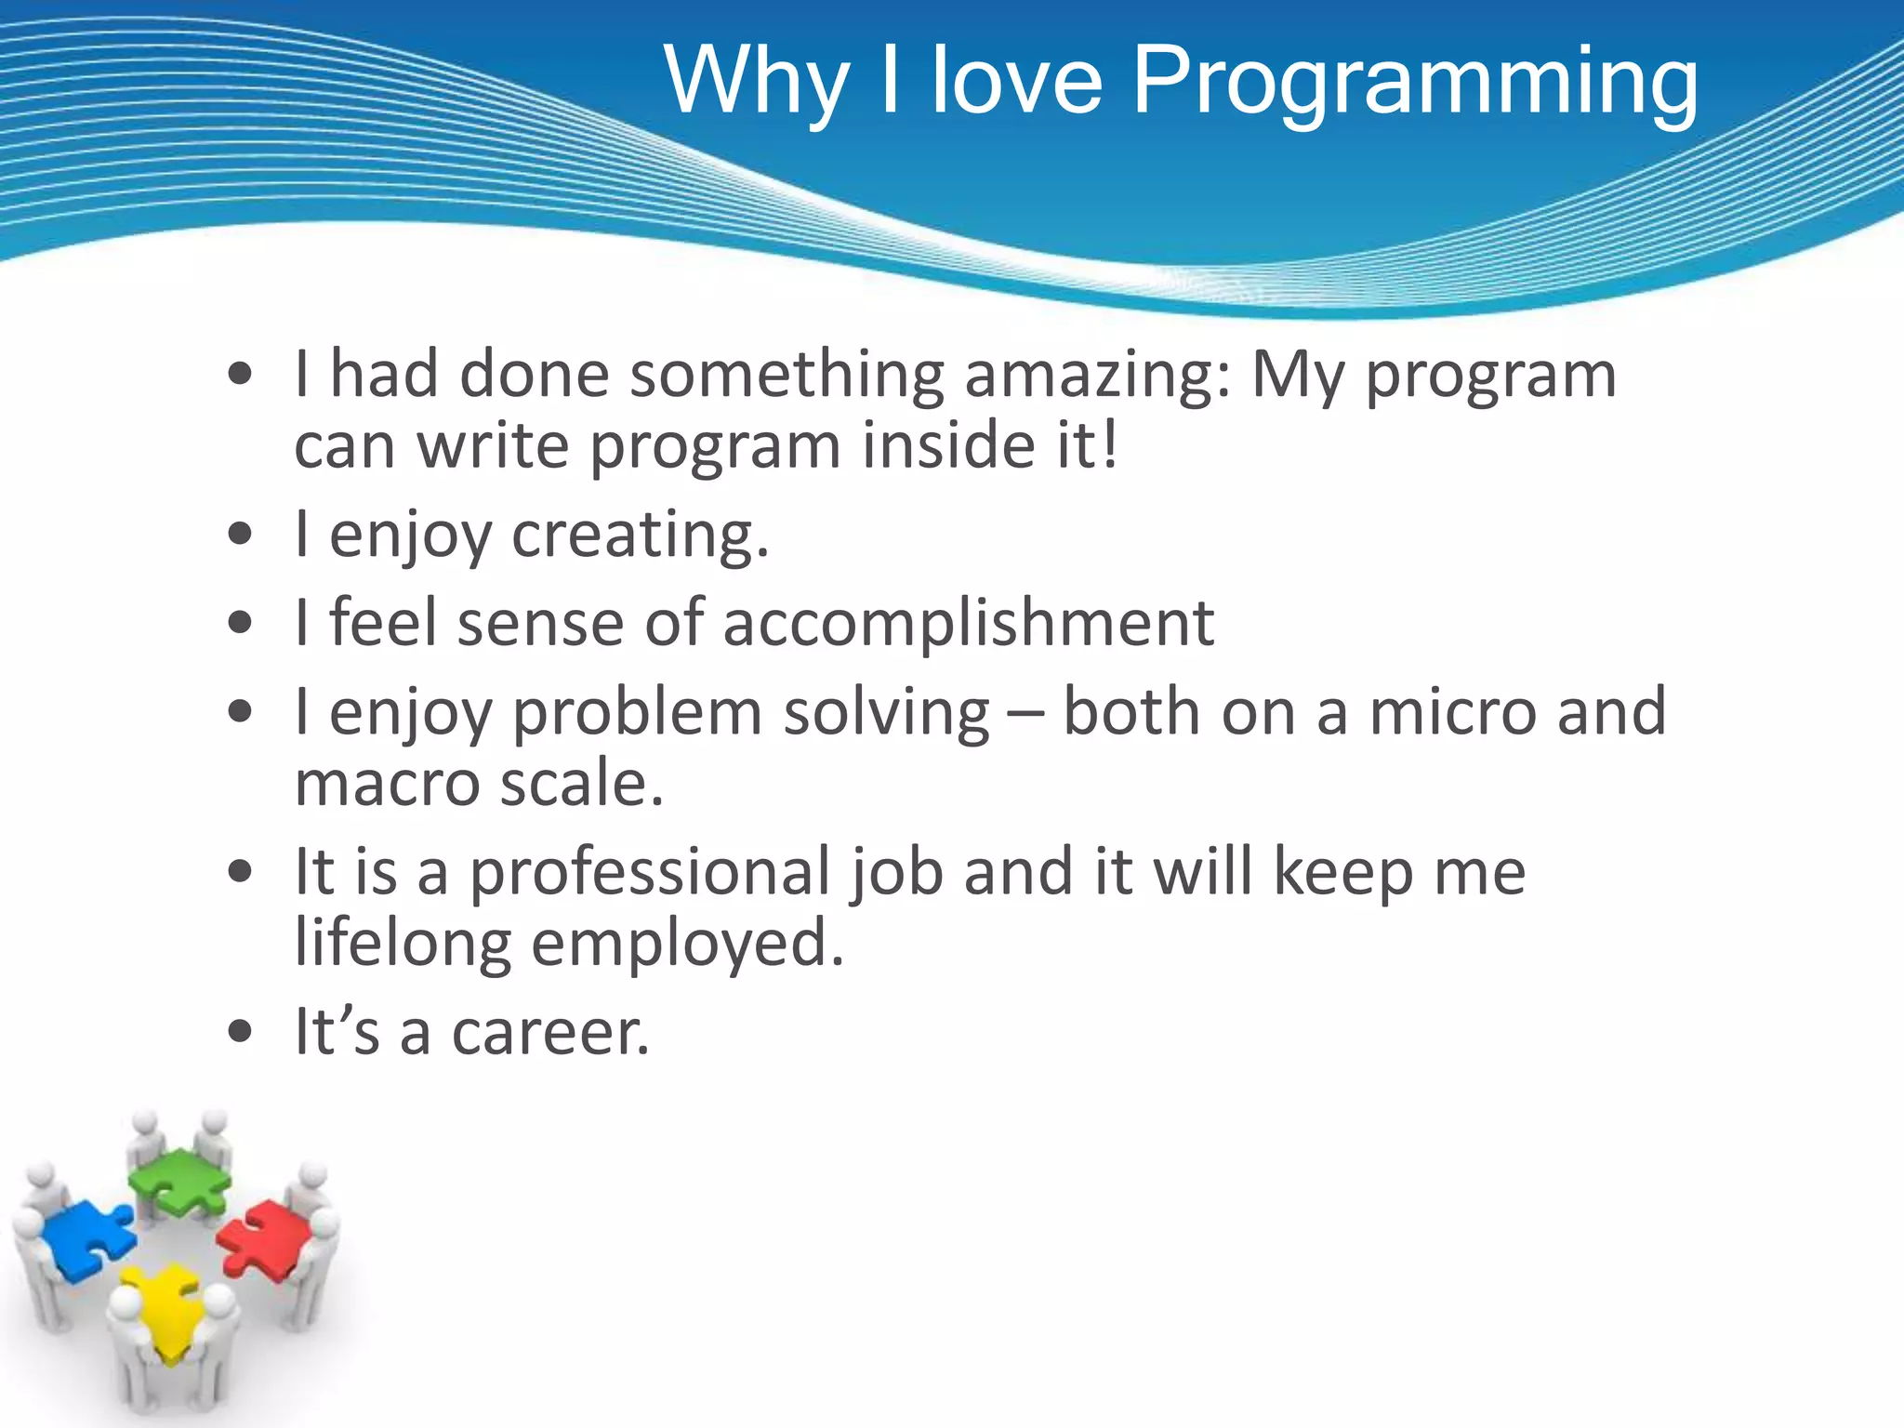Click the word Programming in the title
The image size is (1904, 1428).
click(x=1414, y=84)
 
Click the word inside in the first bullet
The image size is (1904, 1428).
click(x=948, y=445)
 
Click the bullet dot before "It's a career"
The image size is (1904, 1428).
click(x=240, y=1032)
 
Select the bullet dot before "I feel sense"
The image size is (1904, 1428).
click(x=240, y=622)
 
